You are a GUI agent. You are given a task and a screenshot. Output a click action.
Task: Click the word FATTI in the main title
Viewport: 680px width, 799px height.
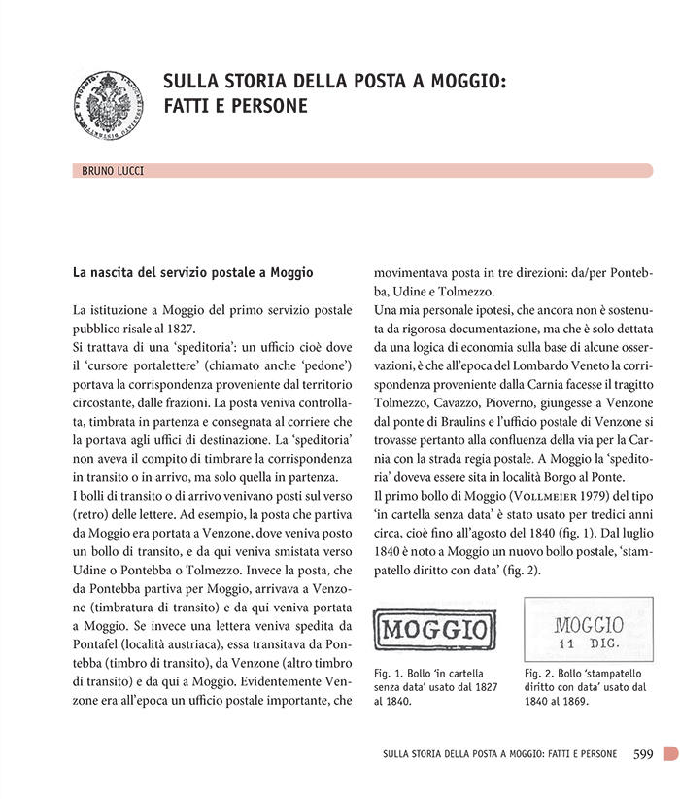coord(190,106)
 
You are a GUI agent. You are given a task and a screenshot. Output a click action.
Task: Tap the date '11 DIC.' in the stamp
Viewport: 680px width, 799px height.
coord(589,643)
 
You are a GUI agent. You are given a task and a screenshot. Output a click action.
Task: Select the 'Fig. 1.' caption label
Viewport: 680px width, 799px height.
coord(390,673)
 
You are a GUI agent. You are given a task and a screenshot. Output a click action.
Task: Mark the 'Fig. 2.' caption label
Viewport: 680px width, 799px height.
coord(540,673)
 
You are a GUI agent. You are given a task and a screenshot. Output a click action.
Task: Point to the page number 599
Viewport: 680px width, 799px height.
coord(643,753)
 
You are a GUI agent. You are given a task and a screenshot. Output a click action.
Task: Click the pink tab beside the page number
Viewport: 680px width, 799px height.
coord(669,753)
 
